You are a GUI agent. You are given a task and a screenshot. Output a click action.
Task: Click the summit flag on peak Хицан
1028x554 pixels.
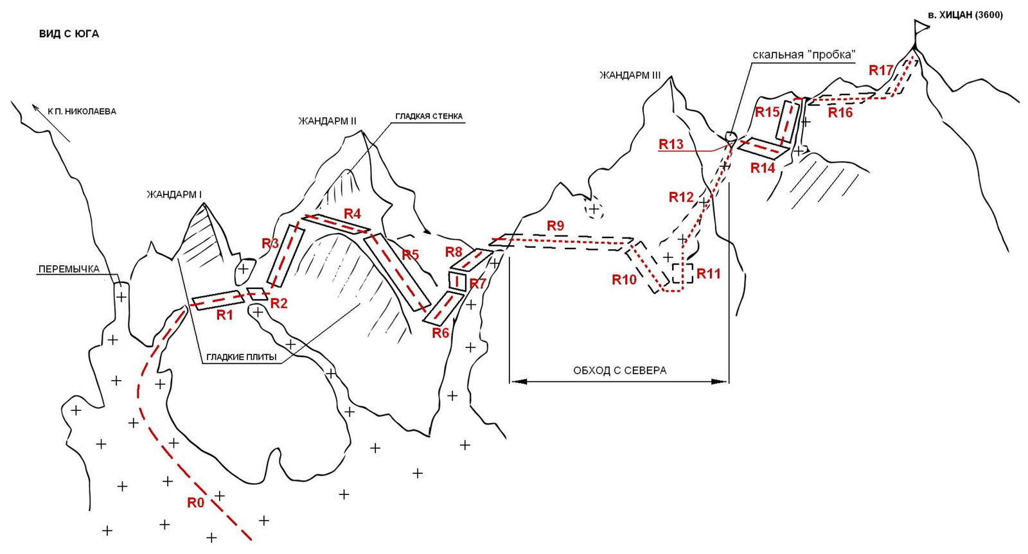(921, 27)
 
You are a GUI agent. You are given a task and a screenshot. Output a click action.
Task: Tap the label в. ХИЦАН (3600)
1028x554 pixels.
(965, 15)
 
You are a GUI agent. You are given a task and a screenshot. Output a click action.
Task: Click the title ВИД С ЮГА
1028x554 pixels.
(69, 34)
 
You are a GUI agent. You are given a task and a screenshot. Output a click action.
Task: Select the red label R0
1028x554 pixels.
(195, 503)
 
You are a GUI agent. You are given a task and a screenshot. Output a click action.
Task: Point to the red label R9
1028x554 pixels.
(555, 225)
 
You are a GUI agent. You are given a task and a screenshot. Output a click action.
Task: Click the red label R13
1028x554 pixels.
(671, 144)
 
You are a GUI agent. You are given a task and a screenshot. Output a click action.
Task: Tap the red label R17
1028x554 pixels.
(881, 70)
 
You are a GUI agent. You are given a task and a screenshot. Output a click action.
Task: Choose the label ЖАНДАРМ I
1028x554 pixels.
(174, 195)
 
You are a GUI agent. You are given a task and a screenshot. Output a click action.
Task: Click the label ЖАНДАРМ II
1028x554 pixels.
(327, 121)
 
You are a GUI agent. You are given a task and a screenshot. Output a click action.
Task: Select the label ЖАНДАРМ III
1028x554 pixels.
(630, 75)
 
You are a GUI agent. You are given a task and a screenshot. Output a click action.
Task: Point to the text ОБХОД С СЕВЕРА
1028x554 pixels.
(619, 370)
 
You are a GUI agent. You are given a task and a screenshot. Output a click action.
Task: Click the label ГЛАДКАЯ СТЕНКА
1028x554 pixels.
(429, 116)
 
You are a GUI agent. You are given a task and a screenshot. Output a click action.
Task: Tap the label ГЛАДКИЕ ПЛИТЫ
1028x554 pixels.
(242, 357)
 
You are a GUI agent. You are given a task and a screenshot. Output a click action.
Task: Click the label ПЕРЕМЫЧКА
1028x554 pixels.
(69, 269)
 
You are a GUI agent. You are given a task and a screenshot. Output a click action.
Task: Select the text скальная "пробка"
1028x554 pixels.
(804, 55)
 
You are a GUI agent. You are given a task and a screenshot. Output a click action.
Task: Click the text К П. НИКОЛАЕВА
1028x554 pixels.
(82, 111)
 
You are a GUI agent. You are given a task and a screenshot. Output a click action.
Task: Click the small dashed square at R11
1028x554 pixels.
(682, 273)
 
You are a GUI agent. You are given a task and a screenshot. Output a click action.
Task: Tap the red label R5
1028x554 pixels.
(410, 255)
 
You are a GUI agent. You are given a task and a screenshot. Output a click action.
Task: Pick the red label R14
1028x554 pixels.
(763, 168)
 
